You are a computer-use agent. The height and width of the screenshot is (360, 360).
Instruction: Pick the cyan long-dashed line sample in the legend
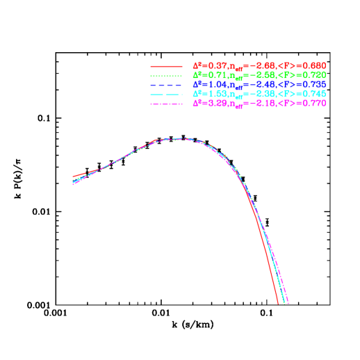[166, 94]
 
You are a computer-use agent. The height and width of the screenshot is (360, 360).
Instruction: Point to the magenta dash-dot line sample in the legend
[166, 104]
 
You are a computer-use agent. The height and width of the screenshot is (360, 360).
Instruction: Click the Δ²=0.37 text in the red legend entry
[205, 65]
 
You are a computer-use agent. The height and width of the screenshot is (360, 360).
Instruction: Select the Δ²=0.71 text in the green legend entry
[205, 74]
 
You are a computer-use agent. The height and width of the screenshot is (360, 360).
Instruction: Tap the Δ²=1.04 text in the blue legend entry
[205, 84]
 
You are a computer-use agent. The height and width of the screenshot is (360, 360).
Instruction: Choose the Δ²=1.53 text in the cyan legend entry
[205, 93]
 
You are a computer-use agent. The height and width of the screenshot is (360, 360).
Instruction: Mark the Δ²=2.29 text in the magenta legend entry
[205, 103]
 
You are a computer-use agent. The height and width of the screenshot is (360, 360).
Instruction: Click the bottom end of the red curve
[278, 303]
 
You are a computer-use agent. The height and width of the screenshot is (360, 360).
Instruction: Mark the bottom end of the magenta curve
[288, 303]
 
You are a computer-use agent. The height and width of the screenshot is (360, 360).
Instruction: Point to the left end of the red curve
[73, 177]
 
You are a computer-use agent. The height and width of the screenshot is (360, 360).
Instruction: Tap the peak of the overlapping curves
[182, 138]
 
